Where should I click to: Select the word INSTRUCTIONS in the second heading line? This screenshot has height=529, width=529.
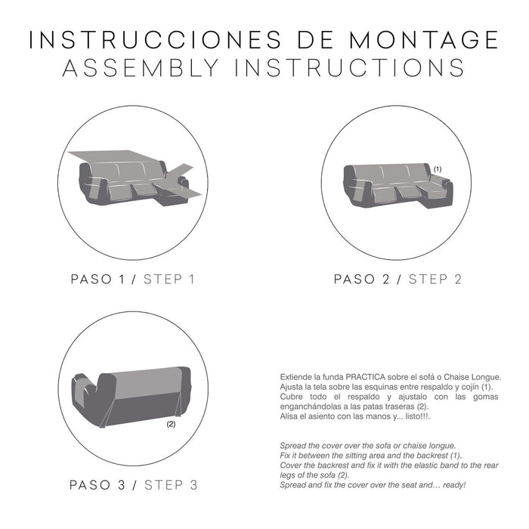[354, 68]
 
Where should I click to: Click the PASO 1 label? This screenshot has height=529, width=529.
[97, 280]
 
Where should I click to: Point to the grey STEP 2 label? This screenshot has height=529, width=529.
[435, 280]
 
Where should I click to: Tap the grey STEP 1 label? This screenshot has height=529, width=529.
[169, 280]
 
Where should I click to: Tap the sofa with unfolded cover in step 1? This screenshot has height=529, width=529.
[131, 176]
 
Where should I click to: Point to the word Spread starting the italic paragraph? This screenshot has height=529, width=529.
[293, 446]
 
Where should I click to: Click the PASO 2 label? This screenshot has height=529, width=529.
[362, 280]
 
